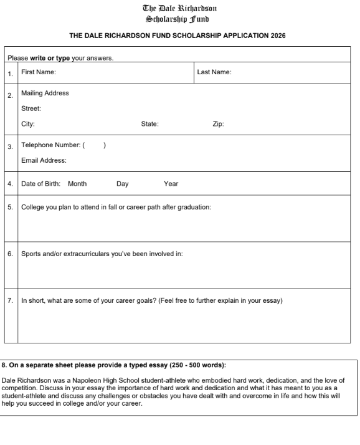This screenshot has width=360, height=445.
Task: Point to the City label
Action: click(x=28, y=123)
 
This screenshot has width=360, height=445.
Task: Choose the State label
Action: click(x=150, y=123)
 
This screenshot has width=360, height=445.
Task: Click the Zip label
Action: click(x=219, y=123)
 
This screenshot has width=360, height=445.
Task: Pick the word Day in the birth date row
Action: click(x=122, y=184)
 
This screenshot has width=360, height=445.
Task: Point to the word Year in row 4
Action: click(x=171, y=184)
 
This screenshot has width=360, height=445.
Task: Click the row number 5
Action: click(x=10, y=206)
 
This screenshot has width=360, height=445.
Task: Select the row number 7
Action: click(x=10, y=301)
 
